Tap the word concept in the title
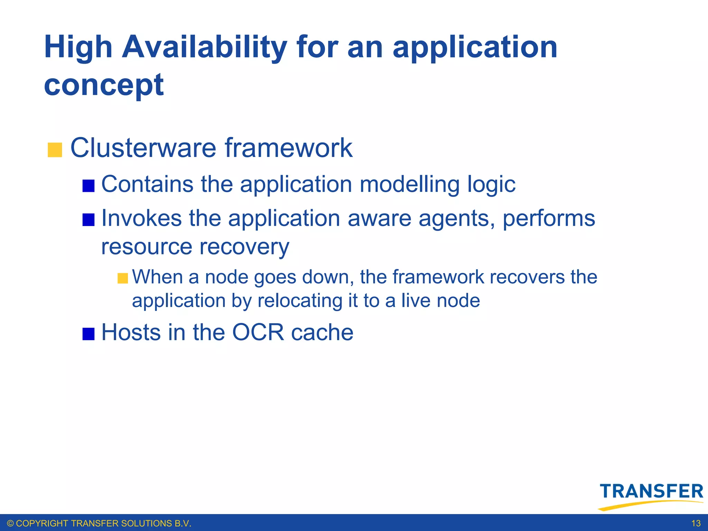click(104, 85)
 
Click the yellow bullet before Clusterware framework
click(55, 150)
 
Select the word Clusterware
click(143, 148)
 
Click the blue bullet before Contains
click(88, 186)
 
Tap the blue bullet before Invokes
click(88, 220)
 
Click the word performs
click(549, 219)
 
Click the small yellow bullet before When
click(123, 278)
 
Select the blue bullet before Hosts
click(88, 334)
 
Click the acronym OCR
click(258, 333)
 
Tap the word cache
click(322, 333)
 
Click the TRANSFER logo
click(651, 495)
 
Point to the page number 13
click(696, 523)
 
